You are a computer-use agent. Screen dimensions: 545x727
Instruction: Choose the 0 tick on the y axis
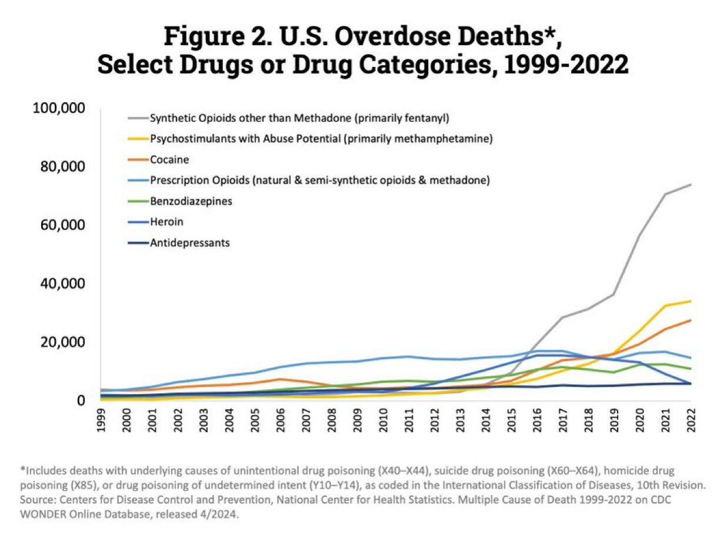pyautogui.click(x=82, y=401)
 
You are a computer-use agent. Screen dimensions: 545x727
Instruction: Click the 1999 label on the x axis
pyautogui.click(x=101, y=422)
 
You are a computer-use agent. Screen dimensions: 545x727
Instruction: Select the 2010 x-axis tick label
pyautogui.click(x=383, y=422)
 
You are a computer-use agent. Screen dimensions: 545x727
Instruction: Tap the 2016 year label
pyautogui.click(x=537, y=422)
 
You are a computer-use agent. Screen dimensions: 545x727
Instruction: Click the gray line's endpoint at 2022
pyautogui.click(x=691, y=185)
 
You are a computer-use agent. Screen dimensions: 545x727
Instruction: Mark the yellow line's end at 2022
pyautogui.click(x=691, y=301)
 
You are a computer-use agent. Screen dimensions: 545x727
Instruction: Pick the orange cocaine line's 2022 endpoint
pyautogui.click(x=691, y=320)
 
